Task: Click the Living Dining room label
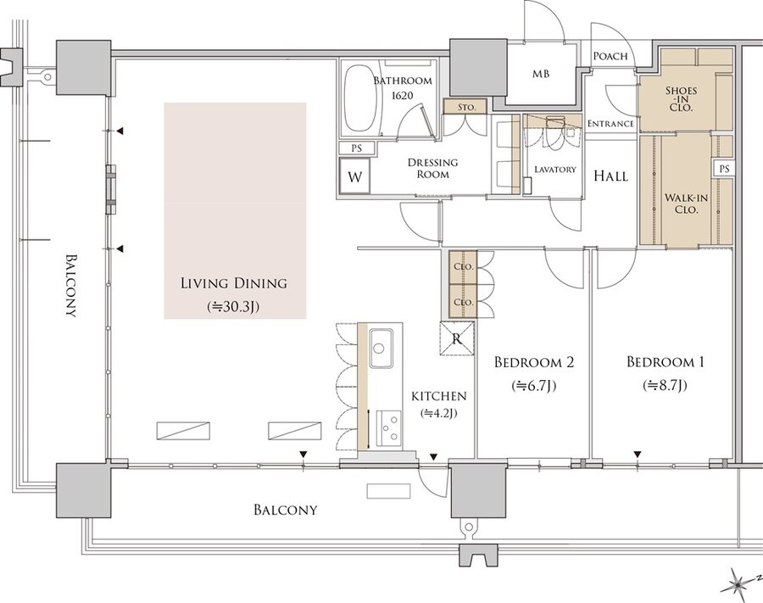(x=234, y=282)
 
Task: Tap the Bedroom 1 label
(x=666, y=362)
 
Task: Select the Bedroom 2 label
(x=534, y=362)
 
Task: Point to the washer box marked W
(x=354, y=176)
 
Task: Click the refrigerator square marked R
(x=457, y=338)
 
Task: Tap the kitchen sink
(x=381, y=349)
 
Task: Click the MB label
(x=541, y=74)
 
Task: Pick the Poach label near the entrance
(x=610, y=57)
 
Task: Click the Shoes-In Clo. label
(x=681, y=98)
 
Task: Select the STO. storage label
(x=466, y=107)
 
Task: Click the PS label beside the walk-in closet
(x=724, y=169)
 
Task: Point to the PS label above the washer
(x=356, y=148)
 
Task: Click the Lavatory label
(x=554, y=170)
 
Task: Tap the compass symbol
(x=738, y=584)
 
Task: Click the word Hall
(x=610, y=176)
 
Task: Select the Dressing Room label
(x=432, y=168)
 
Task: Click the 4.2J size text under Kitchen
(x=439, y=414)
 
